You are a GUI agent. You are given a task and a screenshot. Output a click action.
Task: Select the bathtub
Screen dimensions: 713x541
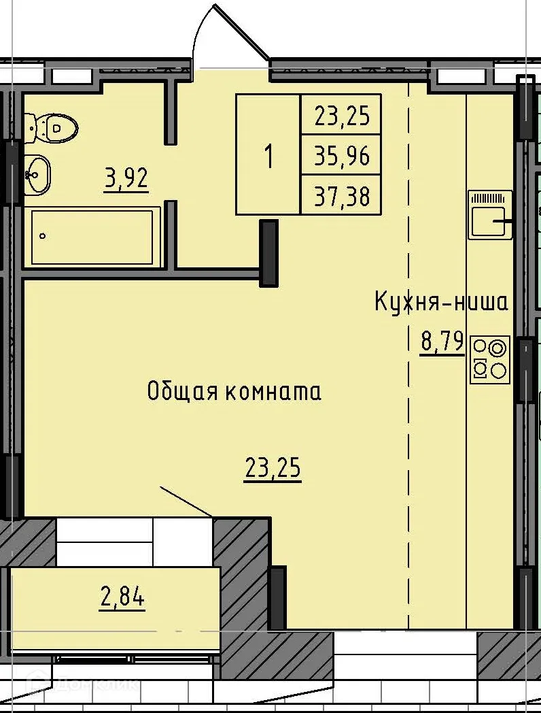(91, 237)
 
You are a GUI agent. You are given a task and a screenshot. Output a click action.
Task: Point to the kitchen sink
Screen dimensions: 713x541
(489, 215)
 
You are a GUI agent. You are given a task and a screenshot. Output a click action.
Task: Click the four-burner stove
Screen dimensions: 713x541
(490, 359)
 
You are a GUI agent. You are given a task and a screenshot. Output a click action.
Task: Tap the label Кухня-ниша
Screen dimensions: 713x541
(441, 302)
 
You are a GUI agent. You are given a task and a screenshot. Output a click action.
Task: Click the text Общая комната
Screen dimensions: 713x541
(234, 392)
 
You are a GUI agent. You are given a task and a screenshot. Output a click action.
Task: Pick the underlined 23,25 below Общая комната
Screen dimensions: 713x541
(272, 469)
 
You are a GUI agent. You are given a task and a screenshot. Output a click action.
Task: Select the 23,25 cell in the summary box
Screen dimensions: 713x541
(341, 116)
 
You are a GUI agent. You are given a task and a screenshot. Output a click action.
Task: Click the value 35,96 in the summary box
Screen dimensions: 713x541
(341, 156)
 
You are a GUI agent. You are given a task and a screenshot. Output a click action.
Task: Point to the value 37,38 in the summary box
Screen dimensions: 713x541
(341, 197)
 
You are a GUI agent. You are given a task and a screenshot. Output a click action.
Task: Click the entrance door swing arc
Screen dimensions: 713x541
(231, 27)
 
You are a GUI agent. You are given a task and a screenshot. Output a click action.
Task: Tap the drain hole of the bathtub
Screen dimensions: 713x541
(43, 237)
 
